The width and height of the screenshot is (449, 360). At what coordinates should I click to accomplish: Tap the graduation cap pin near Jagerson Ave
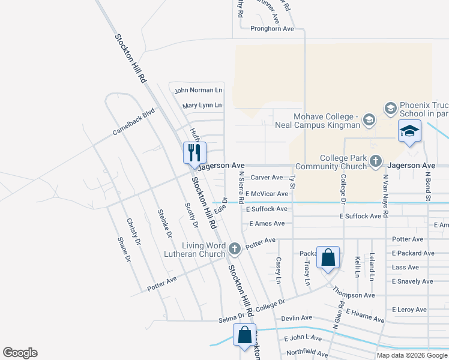[x=409, y=131]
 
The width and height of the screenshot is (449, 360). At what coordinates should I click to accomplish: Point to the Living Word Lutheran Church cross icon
[x=235, y=247]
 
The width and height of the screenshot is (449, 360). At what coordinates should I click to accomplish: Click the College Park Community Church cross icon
[x=375, y=160]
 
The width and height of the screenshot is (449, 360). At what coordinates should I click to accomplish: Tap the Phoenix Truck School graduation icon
[x=390, y=108]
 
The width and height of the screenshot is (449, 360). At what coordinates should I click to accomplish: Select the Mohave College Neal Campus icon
[x=369, y=121]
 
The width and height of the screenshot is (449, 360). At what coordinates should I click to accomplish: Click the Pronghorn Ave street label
[x=272, y=28]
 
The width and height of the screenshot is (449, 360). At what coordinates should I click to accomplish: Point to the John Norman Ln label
[x=198, y=90]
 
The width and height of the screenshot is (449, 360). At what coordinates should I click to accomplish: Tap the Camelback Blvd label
[x=133, y=122]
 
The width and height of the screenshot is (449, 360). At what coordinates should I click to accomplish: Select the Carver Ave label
[x=267, y=177]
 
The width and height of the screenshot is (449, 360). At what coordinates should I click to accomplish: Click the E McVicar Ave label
[x=267, y=194]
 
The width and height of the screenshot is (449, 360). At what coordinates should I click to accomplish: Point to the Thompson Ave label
[x=355, y=295]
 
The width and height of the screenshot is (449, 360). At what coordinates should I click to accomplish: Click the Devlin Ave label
[x=298, y=317]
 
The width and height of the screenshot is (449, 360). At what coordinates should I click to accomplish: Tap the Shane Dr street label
[x=124, y=250]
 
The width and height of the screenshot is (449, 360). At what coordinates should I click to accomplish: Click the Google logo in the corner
[x=20, y=353]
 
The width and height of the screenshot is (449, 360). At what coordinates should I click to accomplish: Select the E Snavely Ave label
[x=412, y=281]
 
